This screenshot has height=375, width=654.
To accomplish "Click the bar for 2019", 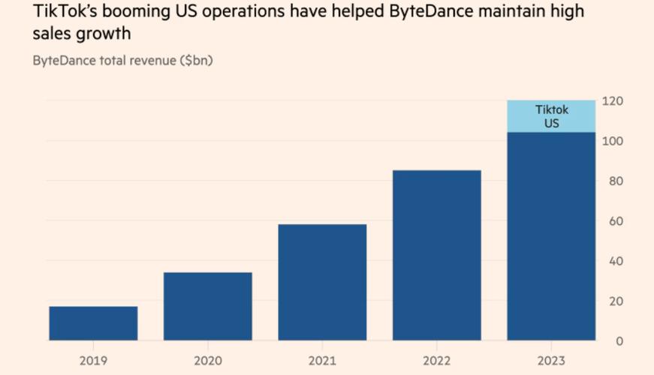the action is click(x=93, y=323).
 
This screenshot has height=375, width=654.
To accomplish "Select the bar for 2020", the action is click(x=208, y=306).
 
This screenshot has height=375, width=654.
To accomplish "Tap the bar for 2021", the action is click(x=322, y=282).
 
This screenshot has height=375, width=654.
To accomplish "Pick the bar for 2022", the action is click(x=437, y=255).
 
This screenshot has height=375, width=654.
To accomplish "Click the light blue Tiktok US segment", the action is click(x=551, y=116).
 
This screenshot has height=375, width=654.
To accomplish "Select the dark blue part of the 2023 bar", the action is click(x=551, y=236).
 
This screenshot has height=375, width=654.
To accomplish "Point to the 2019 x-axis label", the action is click(x=93, y=361).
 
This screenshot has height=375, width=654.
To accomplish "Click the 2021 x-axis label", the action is click(x=322, y=361).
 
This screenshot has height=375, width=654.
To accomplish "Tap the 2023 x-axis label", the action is click(x=551, y=361).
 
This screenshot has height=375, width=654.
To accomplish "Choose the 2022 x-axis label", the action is click(x=437, y=361).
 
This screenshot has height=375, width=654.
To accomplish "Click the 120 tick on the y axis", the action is click(x=613, y=100).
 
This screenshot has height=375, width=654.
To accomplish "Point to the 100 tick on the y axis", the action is click(x=613, y=141).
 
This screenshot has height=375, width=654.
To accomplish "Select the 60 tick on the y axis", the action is click(x=616, y=220).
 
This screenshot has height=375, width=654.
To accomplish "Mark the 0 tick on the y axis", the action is click(x=619, y=340).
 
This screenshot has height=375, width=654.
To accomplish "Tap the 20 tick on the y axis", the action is click(x=616, y=301).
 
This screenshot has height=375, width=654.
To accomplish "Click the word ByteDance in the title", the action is click(x=431, y=12).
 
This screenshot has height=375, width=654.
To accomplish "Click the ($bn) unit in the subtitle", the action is click(x=197, y=61).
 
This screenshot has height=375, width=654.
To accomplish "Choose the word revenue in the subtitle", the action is click(x=153, y=61).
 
